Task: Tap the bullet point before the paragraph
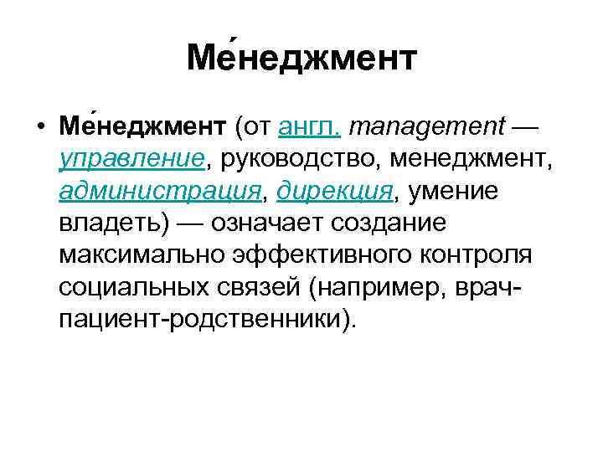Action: pyautogui.click(x=40, y=127)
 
